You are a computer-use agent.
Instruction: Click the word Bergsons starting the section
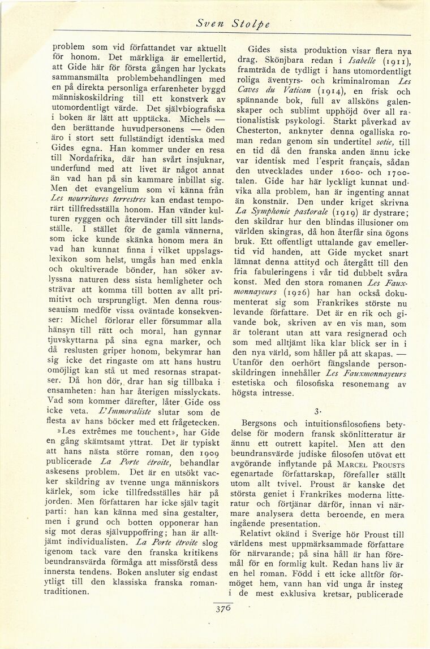coord(263,422)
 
